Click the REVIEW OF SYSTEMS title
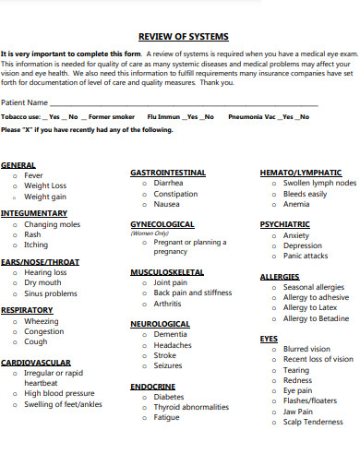180,38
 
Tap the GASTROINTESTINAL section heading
167,173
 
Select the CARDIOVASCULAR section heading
36,363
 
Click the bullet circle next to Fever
15,175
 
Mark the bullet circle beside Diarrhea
145,184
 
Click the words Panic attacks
306,257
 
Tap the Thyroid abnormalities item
191,407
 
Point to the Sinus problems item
51,293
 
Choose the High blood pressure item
56,393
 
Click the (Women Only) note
149,233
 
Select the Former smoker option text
112,117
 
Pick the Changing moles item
53,224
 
